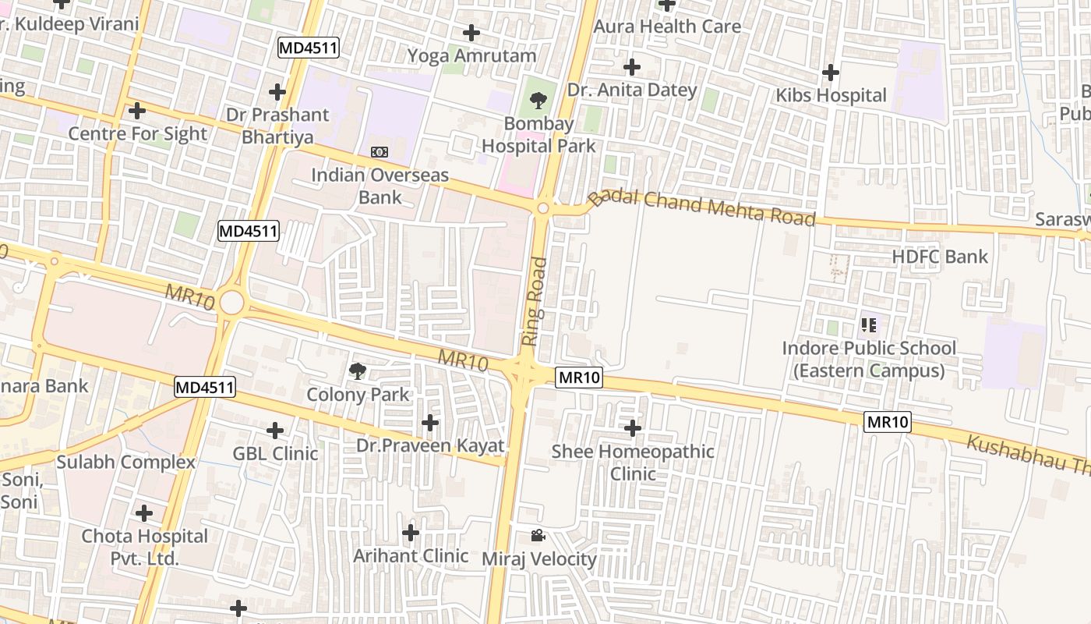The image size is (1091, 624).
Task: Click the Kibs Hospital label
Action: point(831,95)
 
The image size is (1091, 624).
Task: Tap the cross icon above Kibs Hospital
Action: point(831,73)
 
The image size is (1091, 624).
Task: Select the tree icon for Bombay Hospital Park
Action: point(538,100)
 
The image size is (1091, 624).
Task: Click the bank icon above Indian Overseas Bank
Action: point(380,151)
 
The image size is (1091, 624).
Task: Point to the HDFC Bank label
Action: point(940,257)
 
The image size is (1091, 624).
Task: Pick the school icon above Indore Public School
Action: point(869,324)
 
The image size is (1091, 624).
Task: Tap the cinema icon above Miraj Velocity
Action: point(538,535)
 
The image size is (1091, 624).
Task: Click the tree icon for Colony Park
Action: point(358,370)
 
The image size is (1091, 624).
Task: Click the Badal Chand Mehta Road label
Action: point(701,206)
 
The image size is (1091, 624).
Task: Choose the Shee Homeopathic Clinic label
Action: point(633,462)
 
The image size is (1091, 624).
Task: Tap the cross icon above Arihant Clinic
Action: point(411,534)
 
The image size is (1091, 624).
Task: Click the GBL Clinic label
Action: point(275,453)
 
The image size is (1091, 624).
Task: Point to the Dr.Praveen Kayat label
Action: point(430,446)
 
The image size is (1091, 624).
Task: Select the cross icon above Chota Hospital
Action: point(144,514)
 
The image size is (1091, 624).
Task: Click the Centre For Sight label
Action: point(138,133)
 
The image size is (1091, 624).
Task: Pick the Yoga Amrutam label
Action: point(472,55)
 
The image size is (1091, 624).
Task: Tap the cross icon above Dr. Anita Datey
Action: point(631,67)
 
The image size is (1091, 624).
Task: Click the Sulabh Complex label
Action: point(125,462)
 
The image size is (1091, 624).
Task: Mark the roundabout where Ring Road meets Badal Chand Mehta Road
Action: point(543,208)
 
